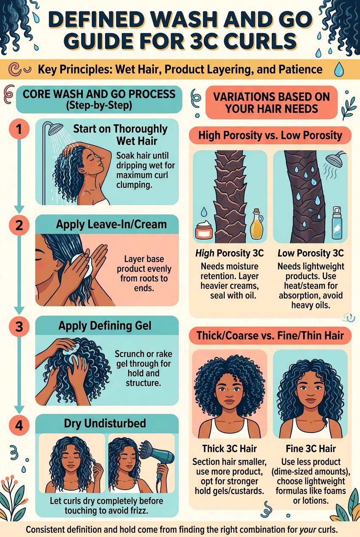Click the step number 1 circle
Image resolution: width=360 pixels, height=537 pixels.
[19, 130]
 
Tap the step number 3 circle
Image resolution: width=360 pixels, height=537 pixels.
[19, 327]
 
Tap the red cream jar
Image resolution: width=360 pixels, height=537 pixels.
[204, 231]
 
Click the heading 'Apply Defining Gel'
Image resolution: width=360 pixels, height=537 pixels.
[105, 326]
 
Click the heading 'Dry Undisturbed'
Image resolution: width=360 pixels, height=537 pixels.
[105, 423]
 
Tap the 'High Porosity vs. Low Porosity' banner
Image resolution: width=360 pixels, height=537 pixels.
[270, 136]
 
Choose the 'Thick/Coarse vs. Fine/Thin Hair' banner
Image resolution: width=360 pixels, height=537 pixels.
[270, 336]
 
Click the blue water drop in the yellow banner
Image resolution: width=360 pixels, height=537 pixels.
[339, 70]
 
